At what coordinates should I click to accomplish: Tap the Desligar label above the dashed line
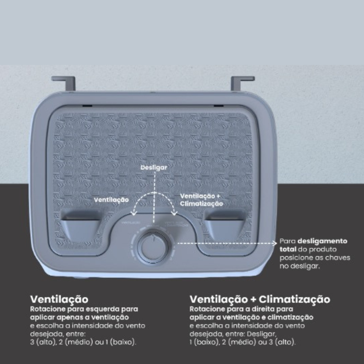coord(154,167)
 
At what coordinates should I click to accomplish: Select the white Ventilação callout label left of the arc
coord(111,199)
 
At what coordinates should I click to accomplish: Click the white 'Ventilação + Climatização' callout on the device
coord(201,200)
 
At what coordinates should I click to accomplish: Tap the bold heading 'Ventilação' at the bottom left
coord(59,299)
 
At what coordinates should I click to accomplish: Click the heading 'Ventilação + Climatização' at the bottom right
coord(260,299)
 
